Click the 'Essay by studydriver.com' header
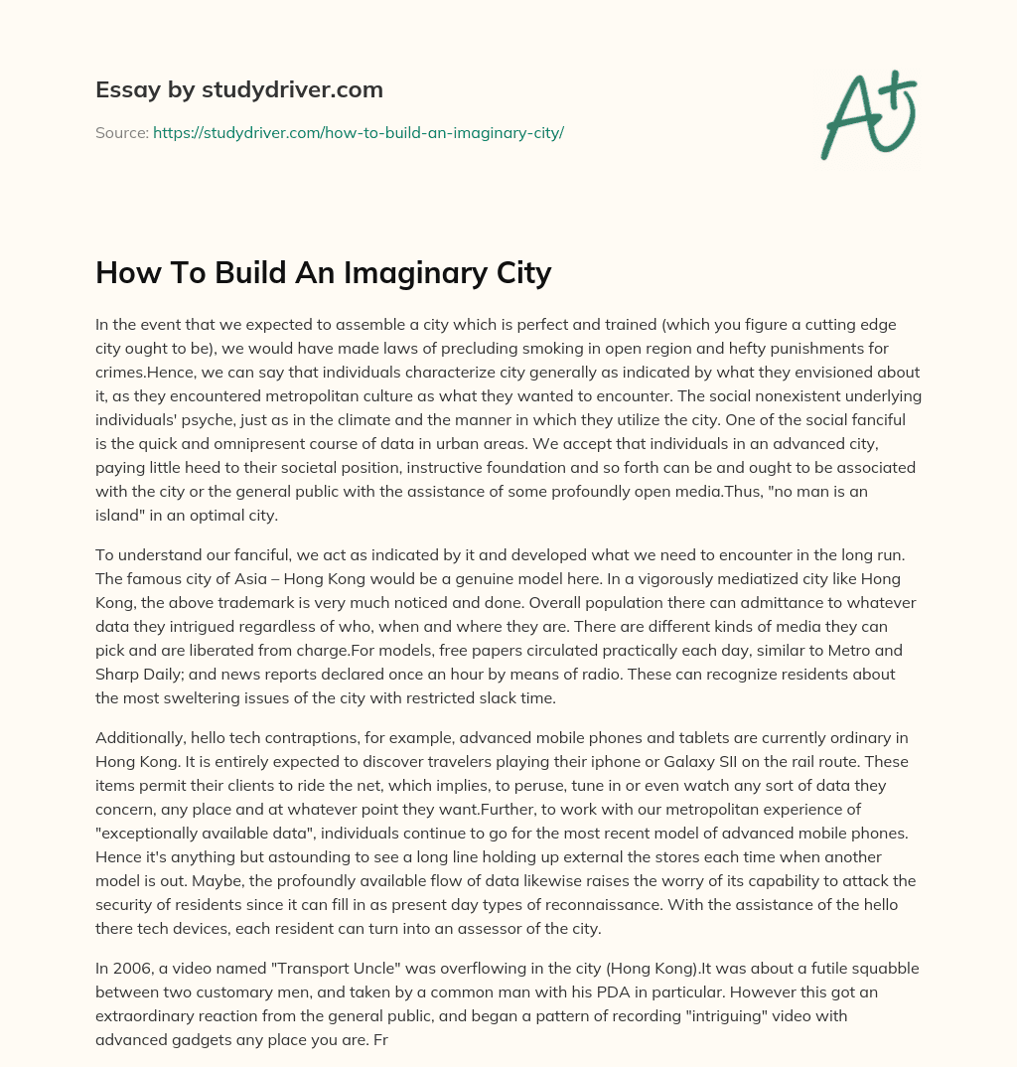coord(238,89)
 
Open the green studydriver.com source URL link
coord(358,132)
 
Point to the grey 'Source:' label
coord(121,132)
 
